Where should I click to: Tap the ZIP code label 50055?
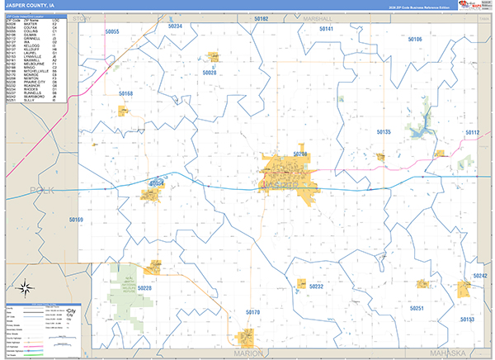(x=112, y=31)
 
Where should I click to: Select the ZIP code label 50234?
(x=174, y=26)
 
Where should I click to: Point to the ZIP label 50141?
(x=326, y=29)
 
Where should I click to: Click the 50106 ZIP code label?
(x=414, y=39)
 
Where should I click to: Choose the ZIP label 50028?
(x=209, y=73)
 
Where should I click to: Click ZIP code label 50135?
(x=384, y=131)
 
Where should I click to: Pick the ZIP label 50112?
(x=471, y=132)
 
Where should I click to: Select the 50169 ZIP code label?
(x=76, y=220)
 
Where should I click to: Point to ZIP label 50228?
(x=145, y=287)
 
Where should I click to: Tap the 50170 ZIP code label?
(x=252, y=312)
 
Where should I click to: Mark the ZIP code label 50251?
(x=417, y=308)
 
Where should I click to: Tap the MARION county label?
(x=249, y=353)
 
